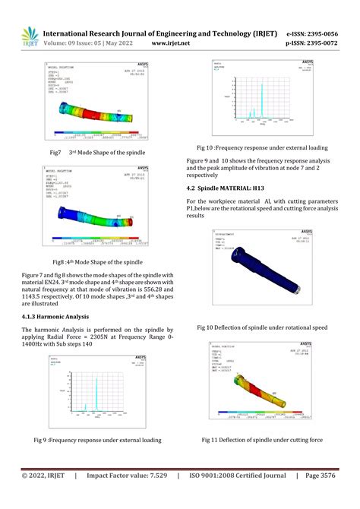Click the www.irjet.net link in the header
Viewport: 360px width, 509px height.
tap(170, 45)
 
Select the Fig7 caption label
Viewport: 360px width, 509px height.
tap(55, 153)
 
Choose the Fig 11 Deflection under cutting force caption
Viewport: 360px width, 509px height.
tap(262, 439)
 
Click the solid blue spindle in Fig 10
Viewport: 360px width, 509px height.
tap(262, 264)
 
